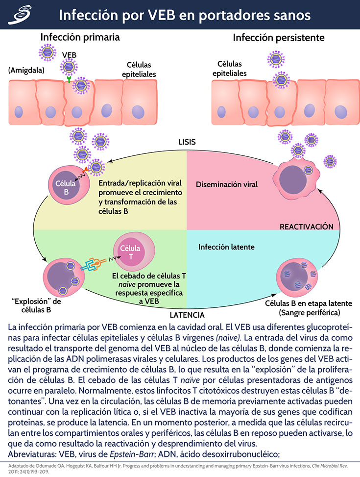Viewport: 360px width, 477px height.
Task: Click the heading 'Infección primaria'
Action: click(x=80, y=37)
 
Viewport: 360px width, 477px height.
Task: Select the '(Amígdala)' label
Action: click(x=26, y=70)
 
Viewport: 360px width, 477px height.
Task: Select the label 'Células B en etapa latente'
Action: click(x=303, y=304)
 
